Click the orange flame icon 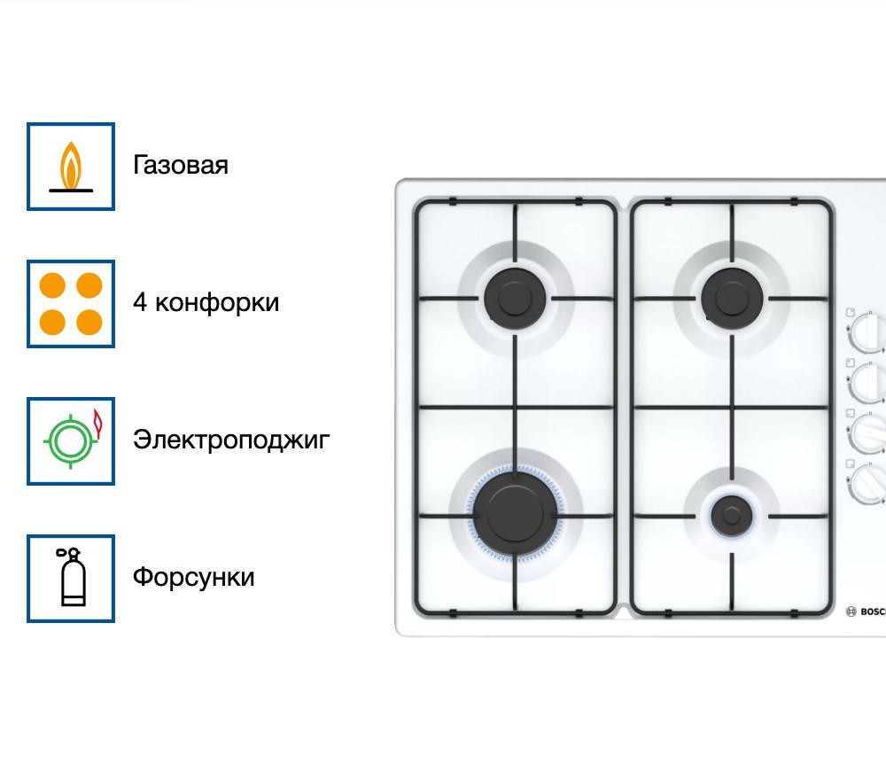tap(71, 167)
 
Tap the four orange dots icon tap(71, 304)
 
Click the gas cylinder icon tap(71, 578)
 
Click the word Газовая tap(181, 165)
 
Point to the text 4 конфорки tap(206, 302)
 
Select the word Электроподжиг tap(231, 440)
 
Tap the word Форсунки tap(194, 577)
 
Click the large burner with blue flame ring tap(515, 514)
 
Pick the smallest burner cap tap(732, 516)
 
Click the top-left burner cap tap(515, 299)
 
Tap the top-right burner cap tap(732, 299)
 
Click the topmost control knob tap(868, 332)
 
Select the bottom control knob tap(868, 483)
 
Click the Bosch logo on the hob tap(866, 611)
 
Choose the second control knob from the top tap(868, 383)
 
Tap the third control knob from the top tap(868, 433)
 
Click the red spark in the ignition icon tap(97, 424)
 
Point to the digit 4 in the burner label tap(140, 302)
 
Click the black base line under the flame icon tap(71, 191)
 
